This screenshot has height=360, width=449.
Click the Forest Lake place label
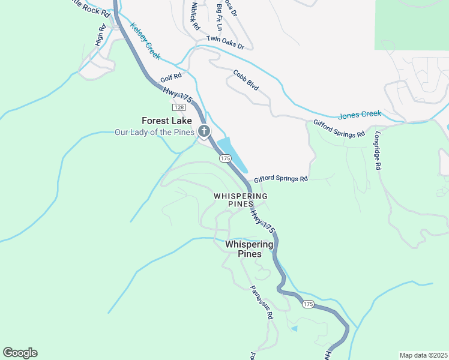click(167, 121)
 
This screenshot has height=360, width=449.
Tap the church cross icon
click(204, 131)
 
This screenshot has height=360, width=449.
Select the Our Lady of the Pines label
click(155, 131)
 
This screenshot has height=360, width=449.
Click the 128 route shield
click(178, 107)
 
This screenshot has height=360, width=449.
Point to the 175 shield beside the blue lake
click(225, 158)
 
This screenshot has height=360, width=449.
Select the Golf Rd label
click(170, 80)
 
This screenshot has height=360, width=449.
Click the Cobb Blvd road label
click(246, 80)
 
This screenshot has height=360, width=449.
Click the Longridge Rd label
click(378, 152)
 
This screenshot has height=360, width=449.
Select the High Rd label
click(100, 36)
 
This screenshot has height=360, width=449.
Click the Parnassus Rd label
click(262, 302)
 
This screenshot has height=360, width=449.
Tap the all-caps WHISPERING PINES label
click(240, 200)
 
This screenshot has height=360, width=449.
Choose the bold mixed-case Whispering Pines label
click(249, 249)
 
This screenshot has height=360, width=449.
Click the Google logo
click(20, 353)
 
